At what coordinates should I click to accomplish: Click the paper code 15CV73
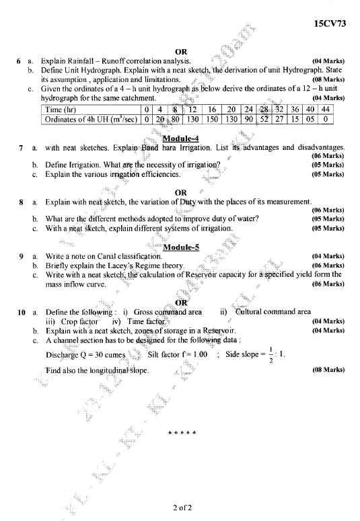pyautogui.click(x=329, y=24)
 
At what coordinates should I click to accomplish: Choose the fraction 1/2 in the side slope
pyautogui.click(x=269, y=354)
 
